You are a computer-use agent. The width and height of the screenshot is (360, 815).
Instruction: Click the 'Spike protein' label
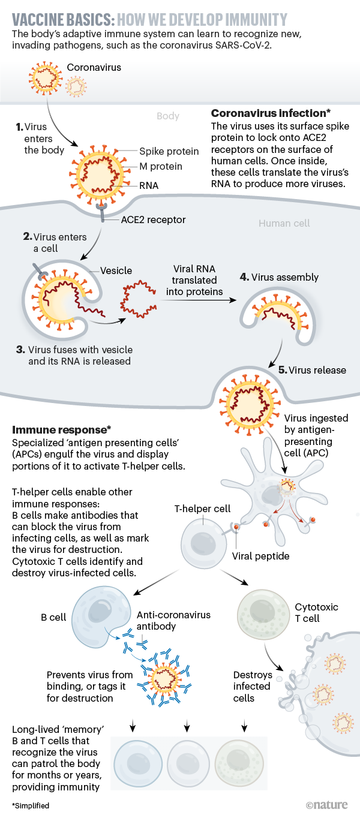tap(169, 152)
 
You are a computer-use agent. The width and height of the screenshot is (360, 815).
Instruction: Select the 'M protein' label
tap(160, 166)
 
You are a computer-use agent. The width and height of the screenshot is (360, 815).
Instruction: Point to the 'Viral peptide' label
tap(260, 556)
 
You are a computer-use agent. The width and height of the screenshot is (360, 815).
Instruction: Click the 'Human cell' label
tap(284, 223)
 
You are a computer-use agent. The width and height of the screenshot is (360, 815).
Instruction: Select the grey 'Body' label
tap(168, 116)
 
